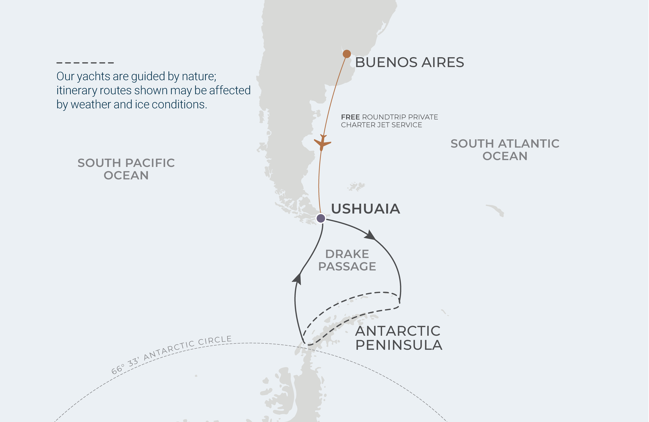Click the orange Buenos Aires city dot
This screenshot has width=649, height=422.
tap(346, 54)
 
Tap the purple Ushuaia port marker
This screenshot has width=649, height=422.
tap(321, 218)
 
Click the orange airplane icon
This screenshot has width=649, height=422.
tap(322, 143)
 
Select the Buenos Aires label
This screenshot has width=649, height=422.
tap(409, 62)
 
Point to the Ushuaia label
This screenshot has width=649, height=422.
tap(365, 209)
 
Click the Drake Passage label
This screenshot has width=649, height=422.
tap(347, 260)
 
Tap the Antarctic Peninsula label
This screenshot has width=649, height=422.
tap(398, 338)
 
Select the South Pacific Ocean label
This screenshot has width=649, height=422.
tap(126, 169)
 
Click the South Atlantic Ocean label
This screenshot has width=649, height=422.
tap(505, 150)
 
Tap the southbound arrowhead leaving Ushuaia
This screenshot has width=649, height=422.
tap(370, 235)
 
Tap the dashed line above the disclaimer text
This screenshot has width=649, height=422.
tap(85, 63)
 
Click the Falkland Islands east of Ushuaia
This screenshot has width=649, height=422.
tap(356, 187)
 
